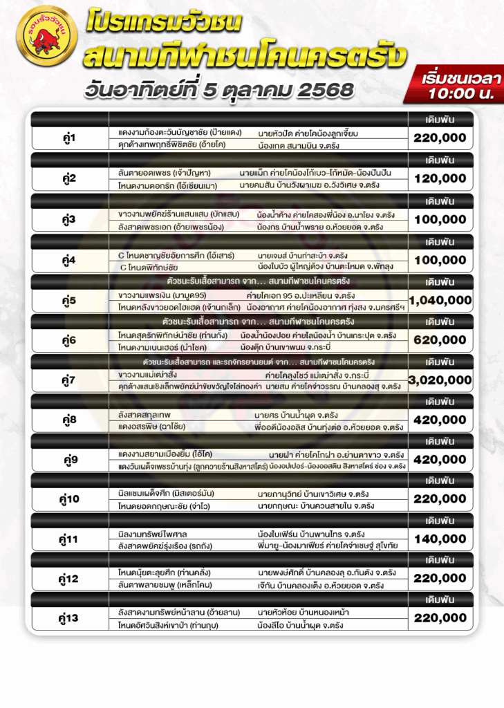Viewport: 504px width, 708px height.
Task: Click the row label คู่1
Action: click(69, 138)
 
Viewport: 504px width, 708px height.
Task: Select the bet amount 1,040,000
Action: click(440, 300)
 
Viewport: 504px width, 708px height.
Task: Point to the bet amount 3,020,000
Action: click(440, 380)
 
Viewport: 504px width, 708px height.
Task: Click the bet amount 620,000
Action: click(440, 339)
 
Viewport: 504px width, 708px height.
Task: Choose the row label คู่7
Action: click(69, 380)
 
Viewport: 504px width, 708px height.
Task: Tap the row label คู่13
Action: click(69, 618)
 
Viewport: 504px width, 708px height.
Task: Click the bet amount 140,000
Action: click(440, 539)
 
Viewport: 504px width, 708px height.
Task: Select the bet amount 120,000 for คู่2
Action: click(440, 179)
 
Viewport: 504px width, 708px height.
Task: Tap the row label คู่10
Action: click(69, 499)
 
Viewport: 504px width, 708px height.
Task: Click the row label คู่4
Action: click(69, 260)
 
